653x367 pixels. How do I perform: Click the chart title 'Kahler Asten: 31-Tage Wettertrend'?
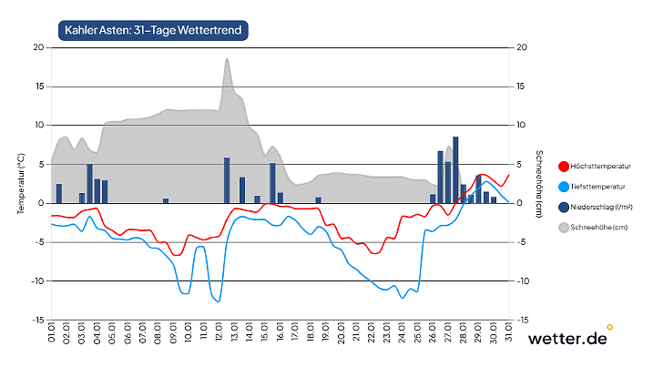[153, 30]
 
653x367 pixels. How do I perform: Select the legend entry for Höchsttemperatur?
[601, 167]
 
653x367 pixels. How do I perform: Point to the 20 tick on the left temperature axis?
[39, 47]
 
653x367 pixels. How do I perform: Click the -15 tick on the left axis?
[37, 321]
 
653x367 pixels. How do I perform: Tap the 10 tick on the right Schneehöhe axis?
[521, 126]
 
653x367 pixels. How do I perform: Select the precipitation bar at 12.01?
[227, 180]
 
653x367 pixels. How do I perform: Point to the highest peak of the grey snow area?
[227, 59]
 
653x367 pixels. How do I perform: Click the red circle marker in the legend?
[563, 167]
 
